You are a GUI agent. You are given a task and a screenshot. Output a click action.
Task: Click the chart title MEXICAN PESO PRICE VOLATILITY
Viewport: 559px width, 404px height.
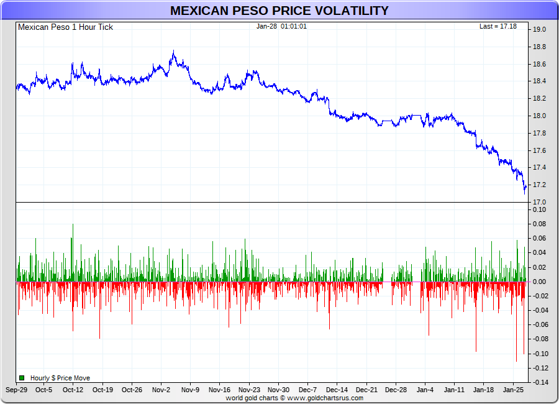[279, 11]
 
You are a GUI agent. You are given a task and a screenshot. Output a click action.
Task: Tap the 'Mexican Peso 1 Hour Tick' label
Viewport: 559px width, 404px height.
[65, 27]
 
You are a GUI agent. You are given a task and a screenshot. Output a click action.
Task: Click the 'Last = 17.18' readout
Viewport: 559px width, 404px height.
[498, 26]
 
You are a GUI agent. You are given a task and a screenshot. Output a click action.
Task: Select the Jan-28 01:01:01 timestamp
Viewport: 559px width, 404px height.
[281, 26]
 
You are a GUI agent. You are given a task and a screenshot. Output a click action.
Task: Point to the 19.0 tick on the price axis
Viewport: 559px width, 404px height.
[539, 29]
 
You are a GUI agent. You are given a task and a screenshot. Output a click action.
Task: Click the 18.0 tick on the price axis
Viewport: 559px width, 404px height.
[539, 116]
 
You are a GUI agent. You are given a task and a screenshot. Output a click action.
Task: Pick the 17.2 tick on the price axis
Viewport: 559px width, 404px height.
[539, 185]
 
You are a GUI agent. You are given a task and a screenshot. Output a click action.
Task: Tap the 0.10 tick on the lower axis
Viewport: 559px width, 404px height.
[539, 209]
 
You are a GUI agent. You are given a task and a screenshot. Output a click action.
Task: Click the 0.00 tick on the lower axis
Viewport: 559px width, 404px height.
[539, 282]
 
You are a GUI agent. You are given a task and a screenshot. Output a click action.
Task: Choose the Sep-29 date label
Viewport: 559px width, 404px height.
[16, 390]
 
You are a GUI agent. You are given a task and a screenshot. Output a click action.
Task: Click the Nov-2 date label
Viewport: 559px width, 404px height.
[161, 390]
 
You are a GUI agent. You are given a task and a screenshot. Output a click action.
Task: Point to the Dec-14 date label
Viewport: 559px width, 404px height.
[337, 390]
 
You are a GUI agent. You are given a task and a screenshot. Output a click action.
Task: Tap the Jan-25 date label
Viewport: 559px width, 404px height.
[513, 390]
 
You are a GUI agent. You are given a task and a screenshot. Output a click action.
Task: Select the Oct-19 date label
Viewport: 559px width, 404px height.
[102, 390]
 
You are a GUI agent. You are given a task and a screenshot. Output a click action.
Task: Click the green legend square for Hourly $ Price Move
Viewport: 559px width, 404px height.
[22, 378]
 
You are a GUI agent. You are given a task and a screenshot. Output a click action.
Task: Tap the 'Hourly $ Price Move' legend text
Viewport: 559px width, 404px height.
[60, 378]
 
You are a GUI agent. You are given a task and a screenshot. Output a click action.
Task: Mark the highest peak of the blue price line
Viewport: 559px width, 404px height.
[173, 52]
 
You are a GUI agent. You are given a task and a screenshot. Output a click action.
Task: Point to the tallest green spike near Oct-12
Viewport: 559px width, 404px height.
[73, 225]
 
